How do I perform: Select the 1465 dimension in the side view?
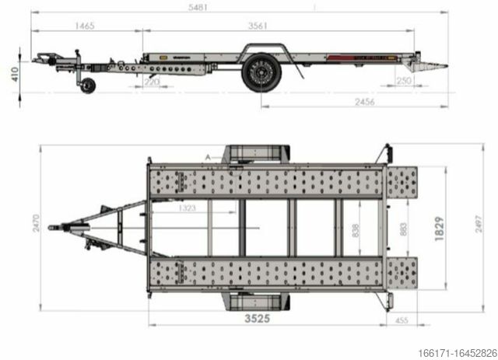pyautogui.click(x=86, y=26)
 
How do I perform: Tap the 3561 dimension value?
pyautogui.click(x=258, y=26)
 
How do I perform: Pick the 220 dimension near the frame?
pyautogui.click(x=153, y=81)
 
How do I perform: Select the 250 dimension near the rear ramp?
pyautogui.click(x=403, y=81)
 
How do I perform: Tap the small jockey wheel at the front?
pyautogui.click(x=90, y=86)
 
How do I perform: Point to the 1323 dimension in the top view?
pyautogui.click(x=186, y=208)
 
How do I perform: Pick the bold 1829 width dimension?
pyautogui.click(x=440, y=231)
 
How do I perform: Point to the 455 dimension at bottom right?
pyautogui.click(x=402, y=319)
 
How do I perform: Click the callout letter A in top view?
pyautogui.click(x=208, y=157)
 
